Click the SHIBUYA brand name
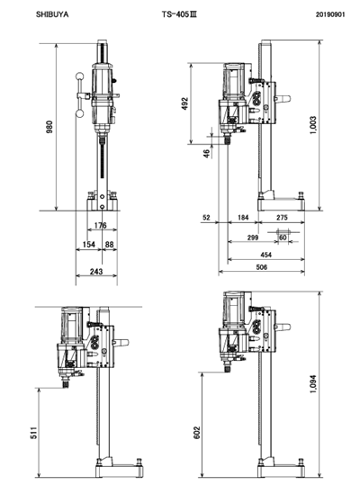point(52,14)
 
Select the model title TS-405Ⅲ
point(179,14)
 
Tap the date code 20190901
point(330,14)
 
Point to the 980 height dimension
point(49,128)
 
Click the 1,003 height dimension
point(313,125)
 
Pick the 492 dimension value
point(185,103)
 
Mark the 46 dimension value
point(207,154)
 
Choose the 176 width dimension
point(101,226)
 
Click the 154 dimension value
point(89,245)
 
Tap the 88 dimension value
point(110,245)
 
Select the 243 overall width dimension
point(96,272)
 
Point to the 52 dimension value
point(206,218)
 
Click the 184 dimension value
point(243,218)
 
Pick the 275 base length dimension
point(282,218)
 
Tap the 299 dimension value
point(253,238)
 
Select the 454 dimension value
point(266,255)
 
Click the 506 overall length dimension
point(262,267)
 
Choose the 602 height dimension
point(197,433)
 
